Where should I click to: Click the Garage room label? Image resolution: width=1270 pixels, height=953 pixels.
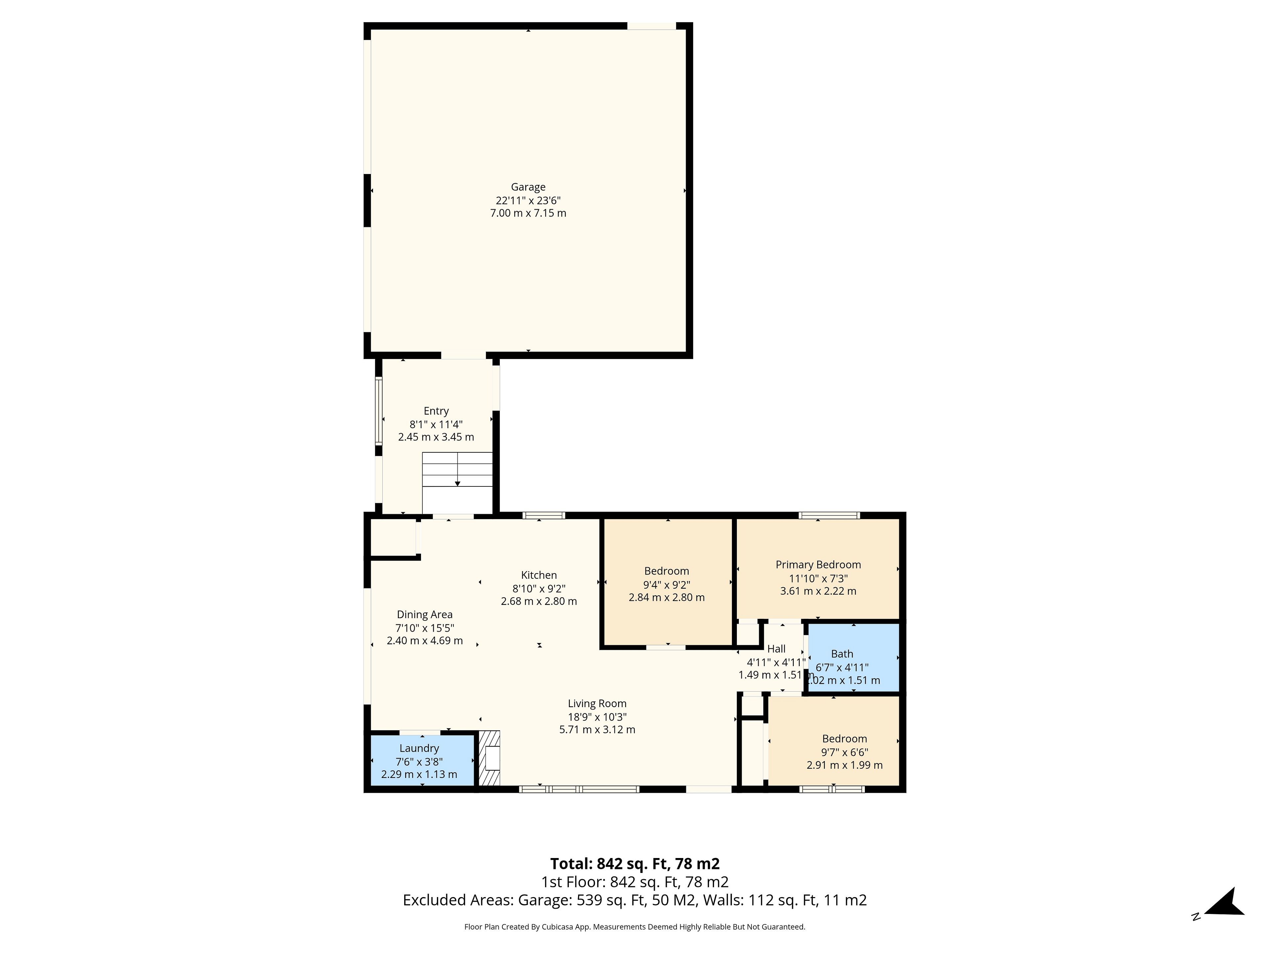point(528,187)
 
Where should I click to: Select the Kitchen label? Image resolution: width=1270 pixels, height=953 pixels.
point(538,575)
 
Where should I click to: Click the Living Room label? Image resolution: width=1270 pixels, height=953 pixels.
point(597,704)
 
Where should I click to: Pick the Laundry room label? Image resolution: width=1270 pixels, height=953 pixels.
point(419,749)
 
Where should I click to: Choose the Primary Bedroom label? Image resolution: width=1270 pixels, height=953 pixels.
point(818,565)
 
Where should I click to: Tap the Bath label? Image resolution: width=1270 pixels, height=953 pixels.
point(842,654)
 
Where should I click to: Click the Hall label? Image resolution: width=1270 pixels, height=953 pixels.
point(776,649)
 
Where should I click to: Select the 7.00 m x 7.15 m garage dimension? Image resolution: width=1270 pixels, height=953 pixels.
point(528,213)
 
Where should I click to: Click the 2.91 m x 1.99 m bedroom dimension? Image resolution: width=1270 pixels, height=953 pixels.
point(845,765)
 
